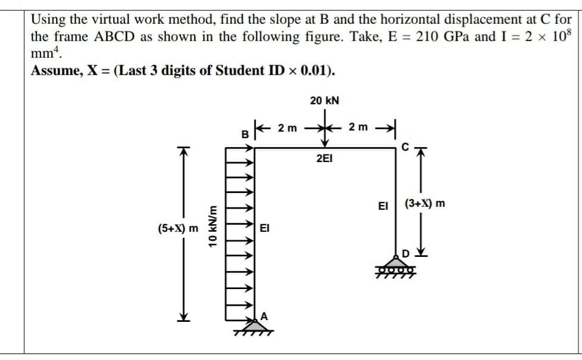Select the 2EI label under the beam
[324, 159]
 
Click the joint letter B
[244, 134]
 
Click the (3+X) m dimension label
[425, 204]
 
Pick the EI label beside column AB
[265, 228]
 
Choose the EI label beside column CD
[383, 206]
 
